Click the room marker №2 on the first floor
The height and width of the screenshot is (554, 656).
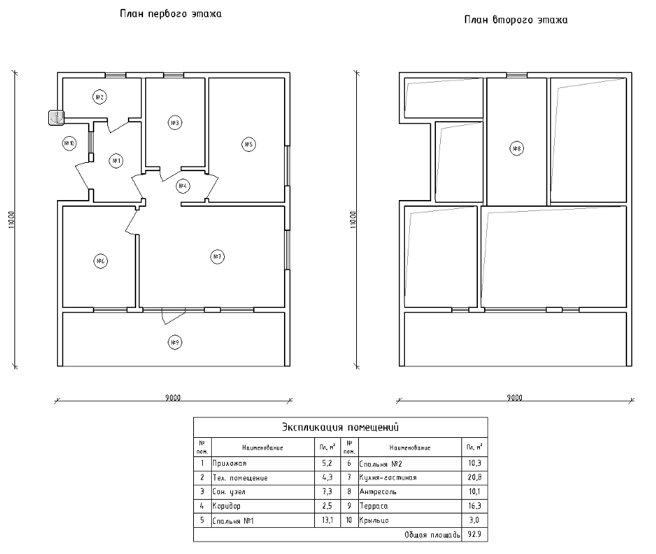(x=99, y=97)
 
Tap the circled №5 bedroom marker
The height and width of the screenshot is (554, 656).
(x=248, y=144)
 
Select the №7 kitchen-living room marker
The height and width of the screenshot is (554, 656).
(x=217, y=256)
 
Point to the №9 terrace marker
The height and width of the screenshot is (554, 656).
(x=175, y=342)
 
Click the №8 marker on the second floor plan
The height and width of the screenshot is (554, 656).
(x=516, y=148)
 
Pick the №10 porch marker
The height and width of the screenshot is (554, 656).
(x=69, y=143)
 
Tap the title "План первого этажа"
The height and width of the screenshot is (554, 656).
(x=171, y=13)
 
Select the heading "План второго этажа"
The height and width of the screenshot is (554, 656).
(x=516, y=20)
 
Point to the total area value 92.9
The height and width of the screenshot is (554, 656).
(x=474, y=534)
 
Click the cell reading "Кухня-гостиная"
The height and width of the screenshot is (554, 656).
(x=388, y=477)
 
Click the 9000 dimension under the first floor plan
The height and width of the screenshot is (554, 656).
(x=173, y=397)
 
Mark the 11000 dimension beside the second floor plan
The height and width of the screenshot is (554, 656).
(x=353, y=221)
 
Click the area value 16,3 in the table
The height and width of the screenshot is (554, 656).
(x=474, y=506)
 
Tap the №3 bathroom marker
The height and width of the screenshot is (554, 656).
(x=175, y=123)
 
